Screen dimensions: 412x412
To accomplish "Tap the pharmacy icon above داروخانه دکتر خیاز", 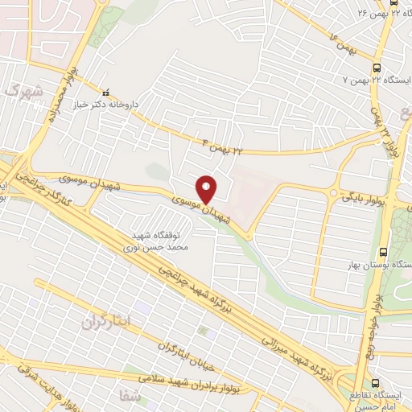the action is point(105,91).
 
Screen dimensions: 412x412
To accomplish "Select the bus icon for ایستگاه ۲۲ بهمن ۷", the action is point(377,68).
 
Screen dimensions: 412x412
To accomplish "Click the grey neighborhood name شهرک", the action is point(19,92).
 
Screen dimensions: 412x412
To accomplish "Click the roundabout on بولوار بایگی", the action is point(332,192).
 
